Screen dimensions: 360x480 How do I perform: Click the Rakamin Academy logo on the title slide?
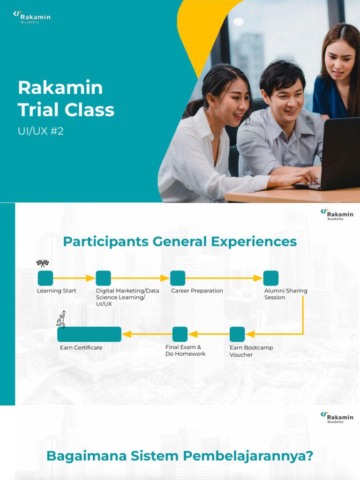[32, 17]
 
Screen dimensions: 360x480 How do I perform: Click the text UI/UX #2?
[41, 131]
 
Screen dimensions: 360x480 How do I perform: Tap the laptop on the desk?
[337, 155]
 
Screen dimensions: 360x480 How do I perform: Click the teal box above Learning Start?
[45, 278]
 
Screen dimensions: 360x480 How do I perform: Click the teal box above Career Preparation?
[178, 278]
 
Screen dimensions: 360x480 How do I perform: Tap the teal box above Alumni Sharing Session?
[271, 278]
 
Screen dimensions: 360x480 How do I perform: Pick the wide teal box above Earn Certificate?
[90, 334]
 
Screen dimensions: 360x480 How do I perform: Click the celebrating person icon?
[61, 319]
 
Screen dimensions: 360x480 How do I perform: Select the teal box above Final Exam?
[180, 334]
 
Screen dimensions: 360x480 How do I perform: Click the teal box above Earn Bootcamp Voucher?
[237, 334]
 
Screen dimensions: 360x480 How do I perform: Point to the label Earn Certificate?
[81, 347]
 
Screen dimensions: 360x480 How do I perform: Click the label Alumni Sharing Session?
[285, 294]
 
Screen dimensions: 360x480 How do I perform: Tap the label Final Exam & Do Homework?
[186, 351]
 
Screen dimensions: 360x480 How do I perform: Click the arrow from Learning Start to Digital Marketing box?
[74, 278]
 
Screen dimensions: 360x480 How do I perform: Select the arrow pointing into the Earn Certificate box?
[147, 334]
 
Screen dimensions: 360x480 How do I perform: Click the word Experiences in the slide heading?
[254, 241]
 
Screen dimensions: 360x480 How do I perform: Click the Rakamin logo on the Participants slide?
[337, 214]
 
